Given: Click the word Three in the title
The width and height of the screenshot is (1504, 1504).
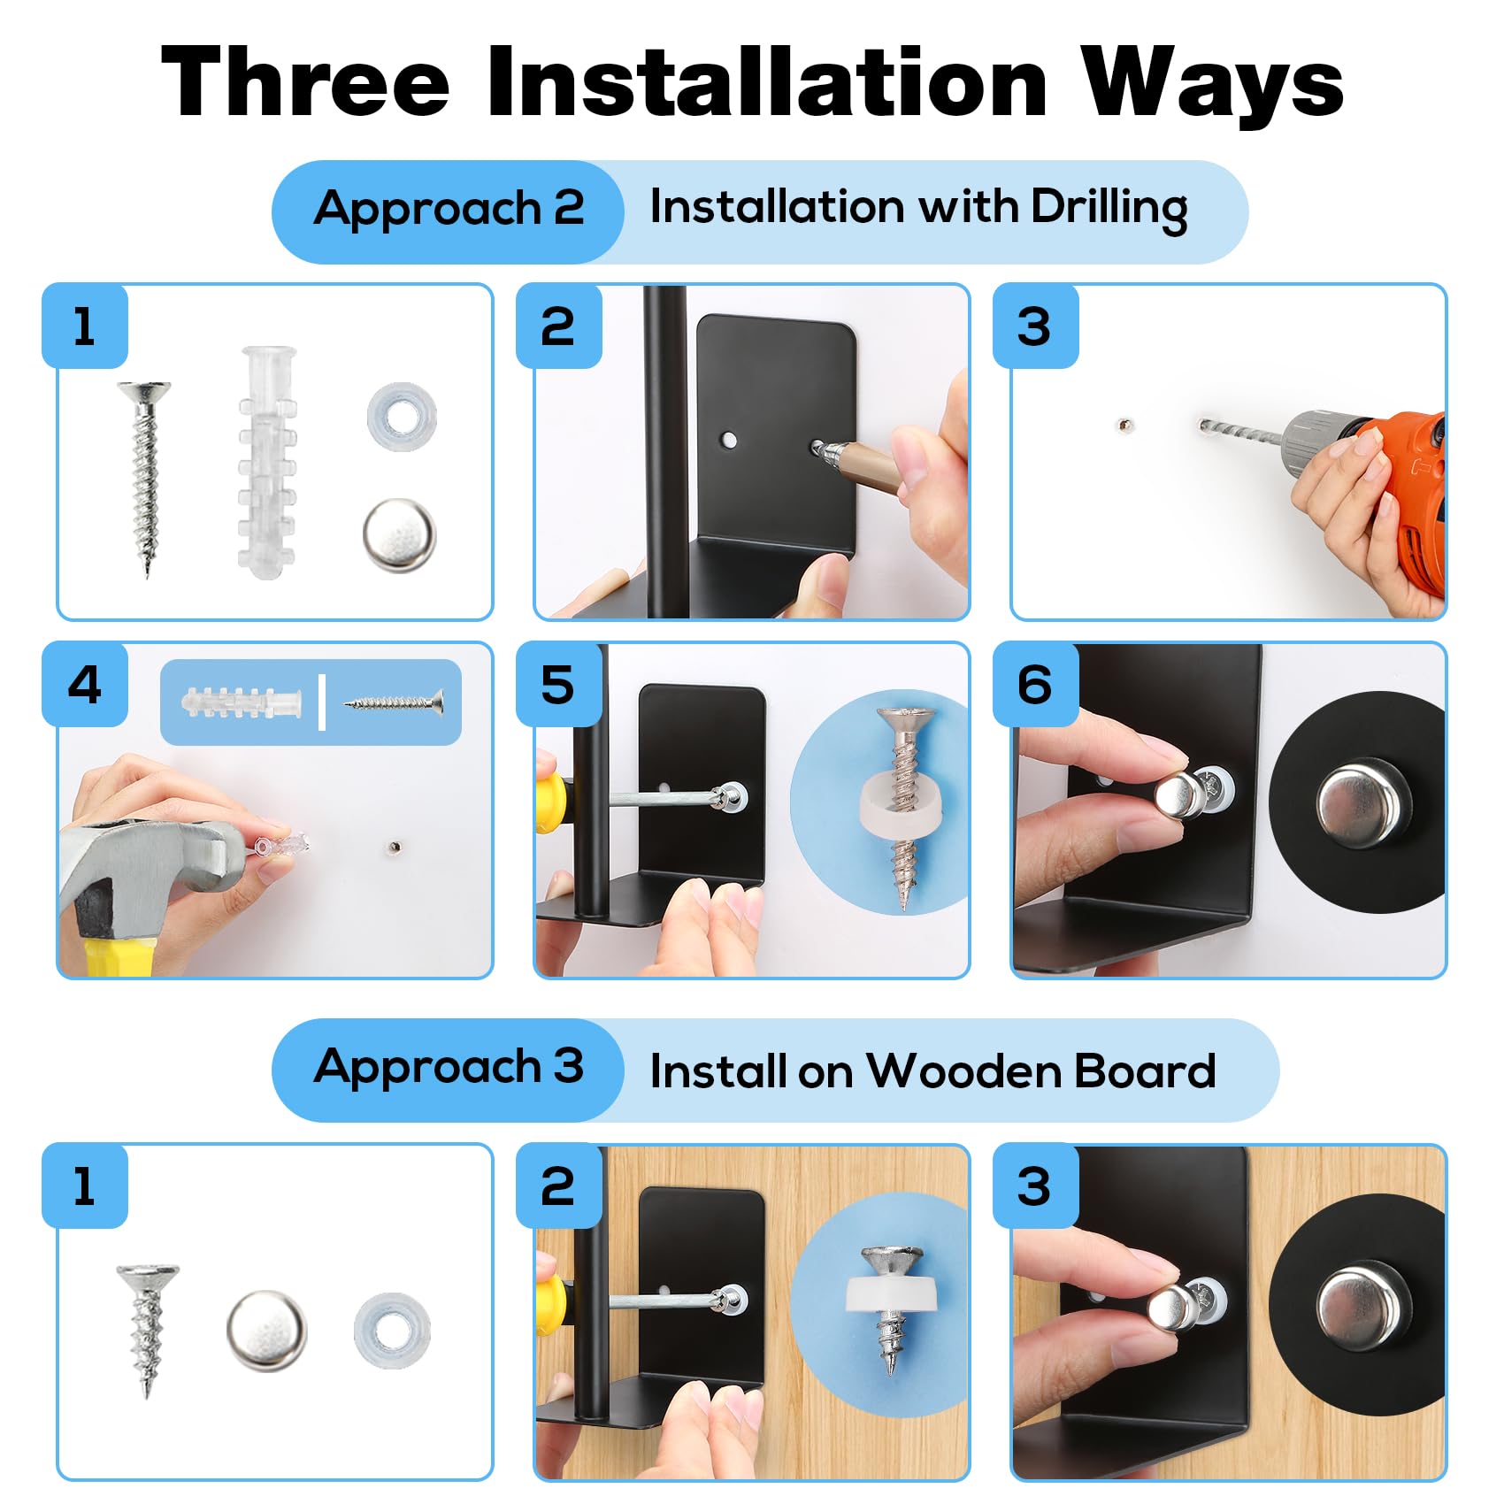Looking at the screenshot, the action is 305,81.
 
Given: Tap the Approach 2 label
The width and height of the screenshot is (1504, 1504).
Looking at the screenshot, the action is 449,210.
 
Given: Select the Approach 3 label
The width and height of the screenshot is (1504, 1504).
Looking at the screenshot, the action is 449,1068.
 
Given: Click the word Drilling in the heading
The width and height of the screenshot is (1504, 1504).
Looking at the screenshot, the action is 1109,210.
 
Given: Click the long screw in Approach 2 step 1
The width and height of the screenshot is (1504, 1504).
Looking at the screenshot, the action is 145,478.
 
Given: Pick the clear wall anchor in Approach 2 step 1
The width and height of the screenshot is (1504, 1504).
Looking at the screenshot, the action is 266,462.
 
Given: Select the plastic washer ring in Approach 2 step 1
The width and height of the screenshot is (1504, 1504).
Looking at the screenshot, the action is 401,416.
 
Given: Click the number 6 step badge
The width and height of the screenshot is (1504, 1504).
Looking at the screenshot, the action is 1035,685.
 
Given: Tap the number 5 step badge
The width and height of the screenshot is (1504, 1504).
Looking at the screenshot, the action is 558,685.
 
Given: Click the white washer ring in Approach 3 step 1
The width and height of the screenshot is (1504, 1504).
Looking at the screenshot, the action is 392,1330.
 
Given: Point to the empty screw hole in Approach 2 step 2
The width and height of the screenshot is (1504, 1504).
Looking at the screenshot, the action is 729,440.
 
